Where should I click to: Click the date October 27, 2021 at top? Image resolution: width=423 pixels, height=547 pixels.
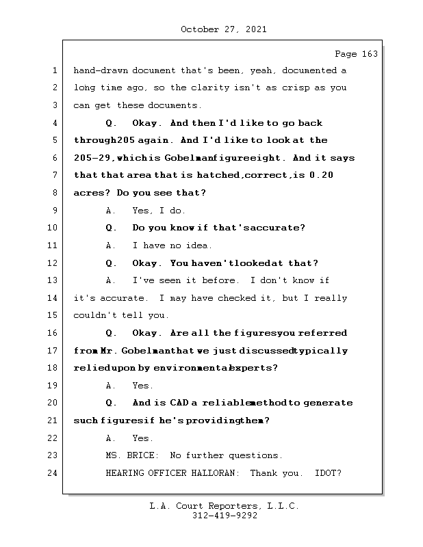pyautogui.click(x=224, y=29)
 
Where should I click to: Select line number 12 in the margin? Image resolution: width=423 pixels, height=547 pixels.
pyautogui.click(x=54, y=263)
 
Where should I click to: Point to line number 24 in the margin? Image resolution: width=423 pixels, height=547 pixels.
pyautogui.click(x=54, y=473)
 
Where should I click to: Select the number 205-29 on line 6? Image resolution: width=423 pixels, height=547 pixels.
pyautogui.click(x=92, y=158)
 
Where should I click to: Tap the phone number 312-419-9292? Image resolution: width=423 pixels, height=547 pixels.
pyautogui.click(x=224, y=516)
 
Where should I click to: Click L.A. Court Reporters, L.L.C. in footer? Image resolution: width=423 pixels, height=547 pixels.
pyautogui.click(x=224, y=507)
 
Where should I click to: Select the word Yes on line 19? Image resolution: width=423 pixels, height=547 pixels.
pyautogui.click(x=143, y=386)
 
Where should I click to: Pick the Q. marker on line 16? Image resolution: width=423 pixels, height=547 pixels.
pyautogui.click(x=111, y=333)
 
